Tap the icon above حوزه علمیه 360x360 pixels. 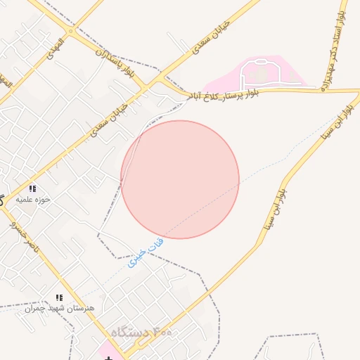tap(32, 188)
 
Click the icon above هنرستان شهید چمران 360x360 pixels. tap(60, 297)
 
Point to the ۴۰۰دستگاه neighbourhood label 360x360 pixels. tap(140, 332)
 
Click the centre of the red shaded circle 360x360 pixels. tap(180, 179)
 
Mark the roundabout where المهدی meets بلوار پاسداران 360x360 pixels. tap(70, 30)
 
